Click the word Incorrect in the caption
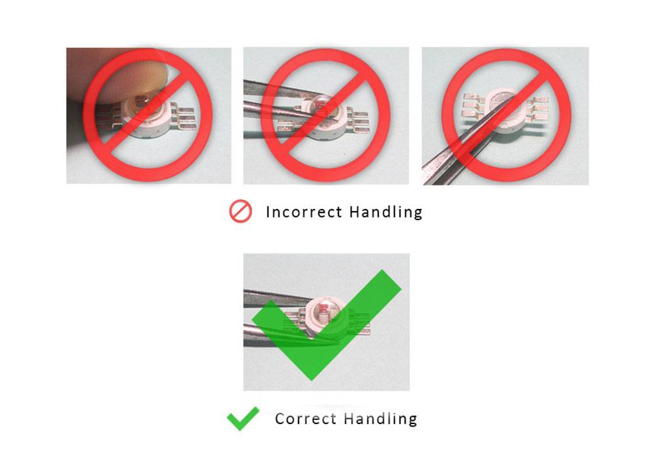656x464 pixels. click(x=304, y=212)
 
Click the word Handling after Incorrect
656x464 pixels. click(x=386, y=212)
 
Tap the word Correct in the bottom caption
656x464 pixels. click(x=306, y=419)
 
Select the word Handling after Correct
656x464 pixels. click(x=380, y=419)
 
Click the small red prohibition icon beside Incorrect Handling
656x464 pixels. click(x=241, y=211)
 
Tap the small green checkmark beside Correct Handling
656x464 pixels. click(x=243, y=418)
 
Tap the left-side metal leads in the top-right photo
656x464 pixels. click(x=474, y=106)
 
